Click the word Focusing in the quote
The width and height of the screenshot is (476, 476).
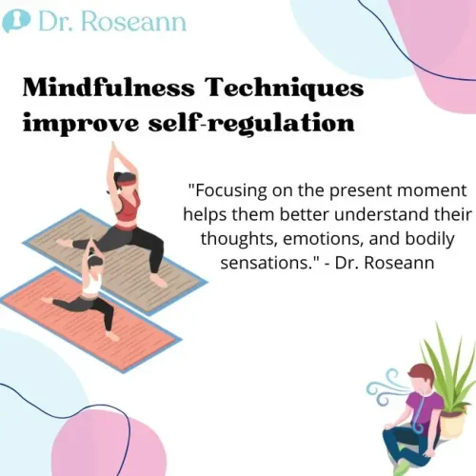point(230,190)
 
